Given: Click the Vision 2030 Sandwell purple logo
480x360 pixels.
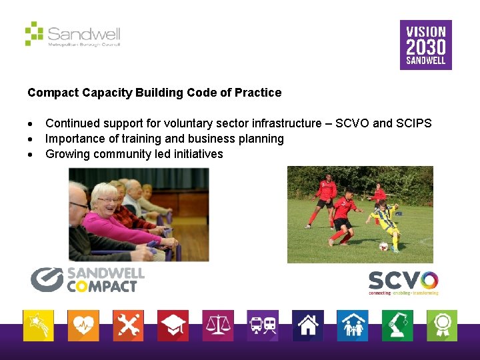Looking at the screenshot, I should click(x=425, y=45).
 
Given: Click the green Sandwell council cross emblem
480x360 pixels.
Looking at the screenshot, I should click(x=34, y=33).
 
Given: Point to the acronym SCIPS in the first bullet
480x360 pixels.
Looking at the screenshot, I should click(x=414, y=123).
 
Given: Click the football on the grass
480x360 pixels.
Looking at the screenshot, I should click(x=383, y=246).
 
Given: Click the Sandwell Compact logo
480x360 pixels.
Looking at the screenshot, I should click(x=87, y=279).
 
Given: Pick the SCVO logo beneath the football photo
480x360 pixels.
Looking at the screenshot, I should click(x=403, y=283).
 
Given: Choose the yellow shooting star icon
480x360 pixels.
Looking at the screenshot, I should click(x=38, y=326).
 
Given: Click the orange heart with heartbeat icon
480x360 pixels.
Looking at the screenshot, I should click(x=83, y=326).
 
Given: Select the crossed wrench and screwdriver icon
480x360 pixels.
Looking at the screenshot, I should click(x=128, y=326).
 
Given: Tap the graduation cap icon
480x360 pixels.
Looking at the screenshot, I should click(x=173, y=326).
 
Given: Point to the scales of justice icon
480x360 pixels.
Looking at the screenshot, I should click(x=218, y=326).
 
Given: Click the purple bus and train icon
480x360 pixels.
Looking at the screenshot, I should click(x=263, y=326).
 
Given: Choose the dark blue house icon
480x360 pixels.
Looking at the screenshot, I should click(x=307, y=326).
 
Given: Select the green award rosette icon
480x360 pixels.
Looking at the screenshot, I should click(x=442, y=326).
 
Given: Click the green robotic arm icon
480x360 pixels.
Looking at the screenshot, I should click(x=397, y=326).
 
